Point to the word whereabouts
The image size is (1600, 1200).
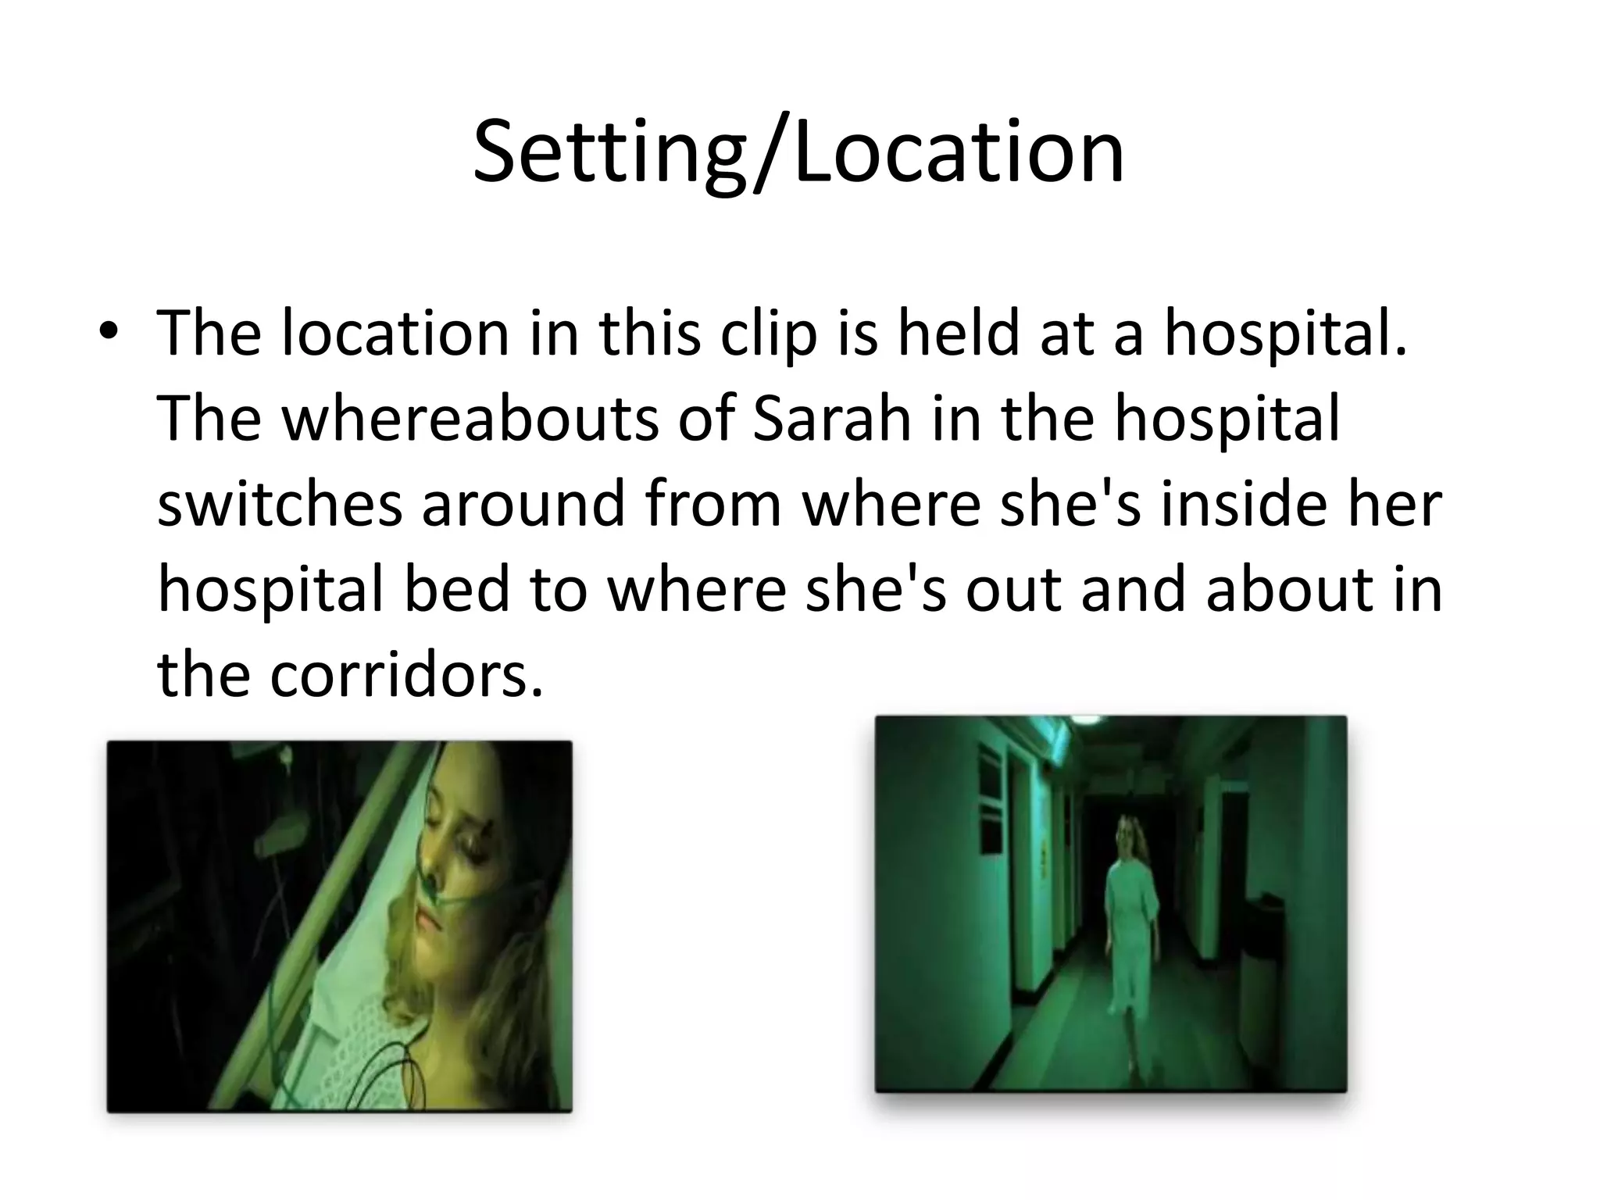[x=470, y=418]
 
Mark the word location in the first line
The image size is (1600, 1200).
[x=395, y=333]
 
